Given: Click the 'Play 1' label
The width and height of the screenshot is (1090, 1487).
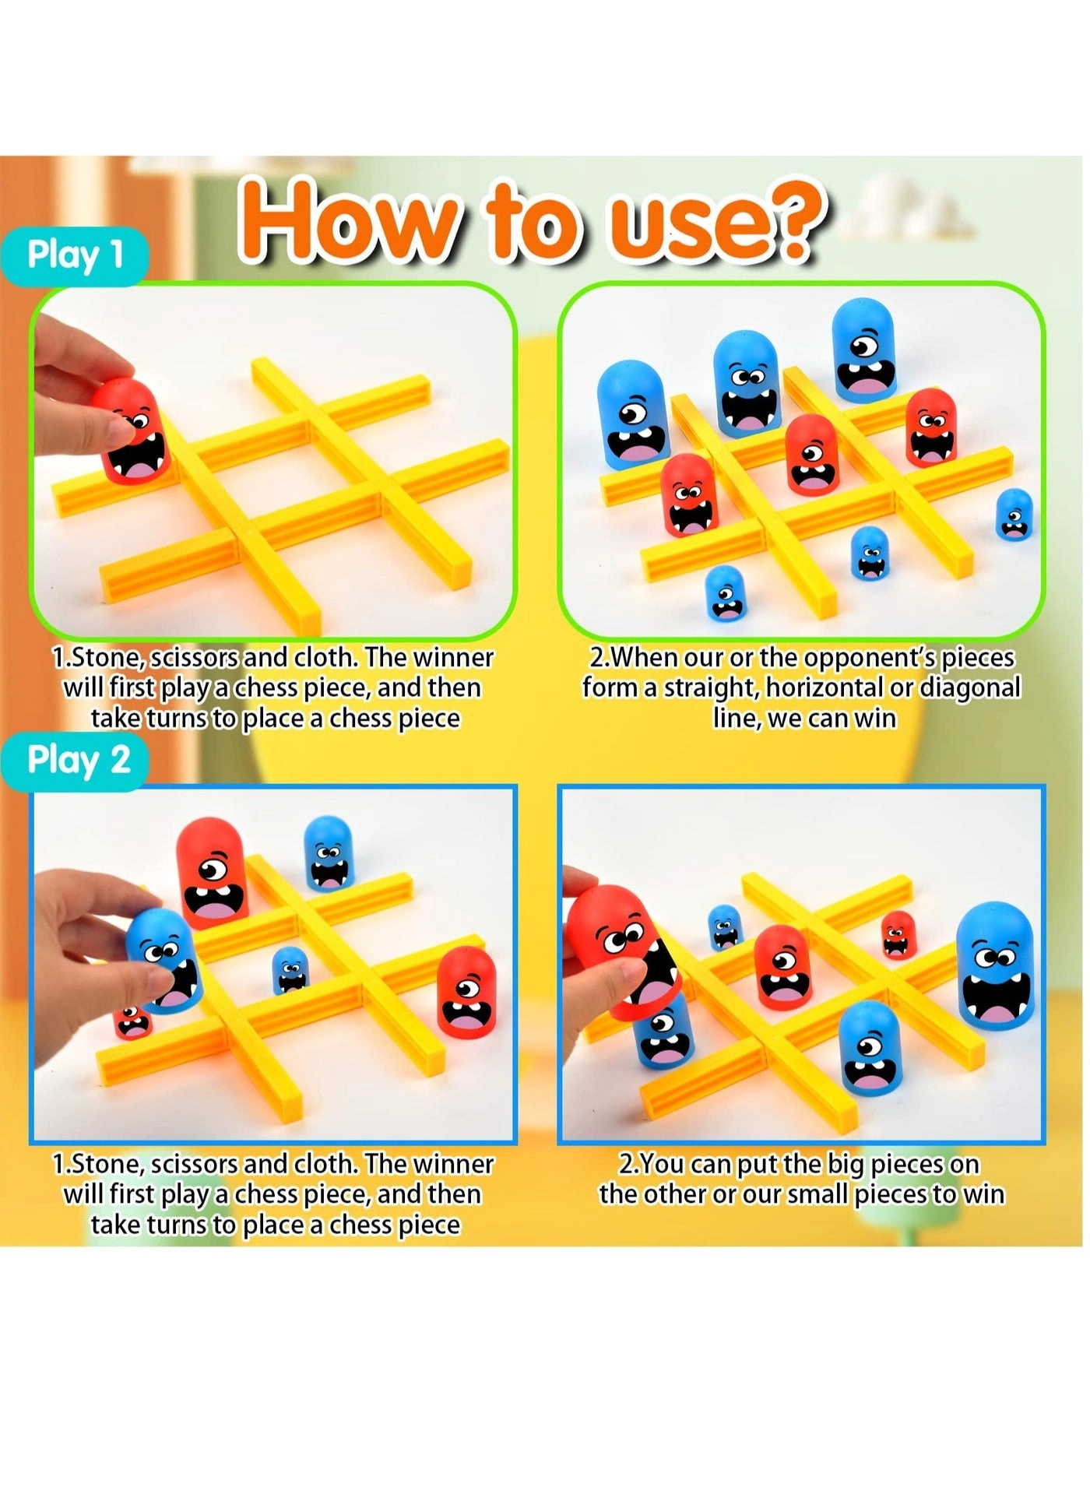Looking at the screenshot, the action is [75, 255].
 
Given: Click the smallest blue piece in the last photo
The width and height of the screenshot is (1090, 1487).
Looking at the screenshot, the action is [725, 926].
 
